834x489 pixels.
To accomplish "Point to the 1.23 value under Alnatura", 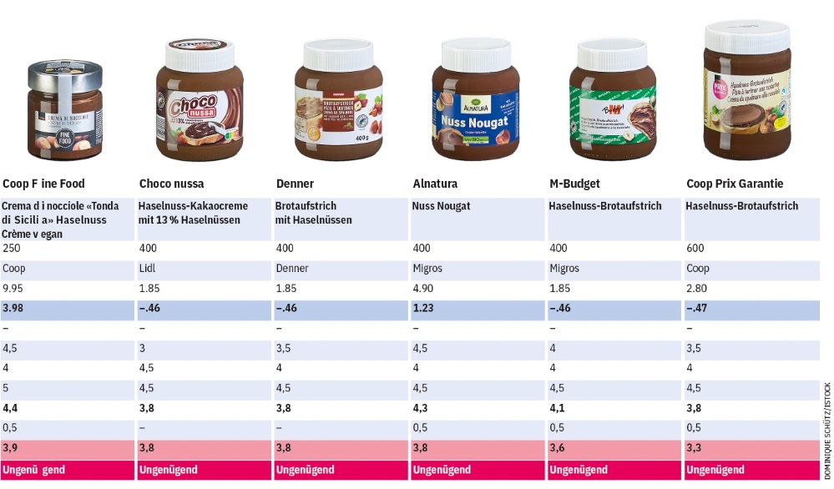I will [x=424, y=309].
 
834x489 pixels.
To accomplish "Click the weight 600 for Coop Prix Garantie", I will [x=695, y=249].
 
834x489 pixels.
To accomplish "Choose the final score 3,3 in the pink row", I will [x=694, y=449].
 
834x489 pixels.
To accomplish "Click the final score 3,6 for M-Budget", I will [x=557, y=449].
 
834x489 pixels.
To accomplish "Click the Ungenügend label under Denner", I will [x=305, y=470].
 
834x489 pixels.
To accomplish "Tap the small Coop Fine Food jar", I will [x=64, y=111].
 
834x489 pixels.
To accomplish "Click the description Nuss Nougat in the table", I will [x=442, y=206].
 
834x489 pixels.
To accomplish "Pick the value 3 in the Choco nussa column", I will [x=142, y=349].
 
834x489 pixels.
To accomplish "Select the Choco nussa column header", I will [x=171, y=184].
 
